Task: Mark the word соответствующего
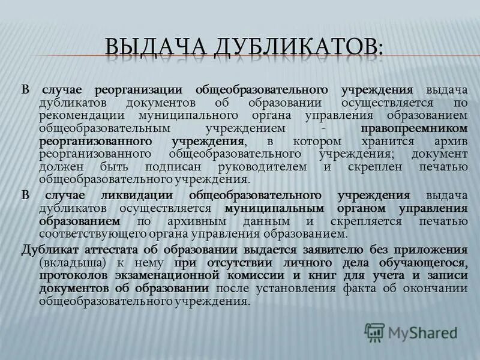point(94,233)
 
